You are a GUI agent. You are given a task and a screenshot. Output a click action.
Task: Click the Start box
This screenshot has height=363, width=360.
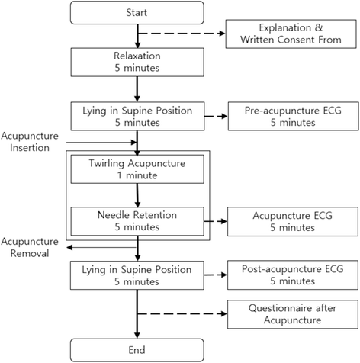(137, 13)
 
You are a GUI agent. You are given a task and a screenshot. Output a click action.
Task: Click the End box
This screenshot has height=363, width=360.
(137, 350)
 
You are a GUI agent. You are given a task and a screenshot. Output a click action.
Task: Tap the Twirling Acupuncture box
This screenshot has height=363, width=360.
(137, 169)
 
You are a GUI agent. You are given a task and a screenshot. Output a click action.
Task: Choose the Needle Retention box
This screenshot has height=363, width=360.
(137, 221)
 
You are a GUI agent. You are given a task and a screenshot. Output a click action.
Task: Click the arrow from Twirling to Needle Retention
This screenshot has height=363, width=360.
(137, 194)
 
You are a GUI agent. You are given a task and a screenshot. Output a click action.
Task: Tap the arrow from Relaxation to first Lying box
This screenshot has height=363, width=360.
(137, 89)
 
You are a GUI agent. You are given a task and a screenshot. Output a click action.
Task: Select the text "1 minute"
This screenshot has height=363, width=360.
(137, 175)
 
